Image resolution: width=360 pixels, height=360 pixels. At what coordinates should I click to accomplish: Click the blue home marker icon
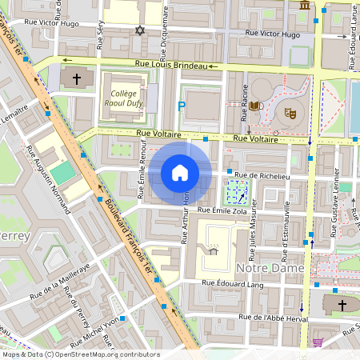point(180,173)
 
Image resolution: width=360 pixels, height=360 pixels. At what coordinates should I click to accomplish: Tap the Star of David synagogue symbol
point(141,30)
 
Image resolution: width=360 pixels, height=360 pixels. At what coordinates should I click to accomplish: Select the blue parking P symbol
point(182,106)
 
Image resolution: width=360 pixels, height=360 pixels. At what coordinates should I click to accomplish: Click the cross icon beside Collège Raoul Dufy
point(77,79)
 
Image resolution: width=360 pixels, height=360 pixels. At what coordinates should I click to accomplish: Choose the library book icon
point(254,106)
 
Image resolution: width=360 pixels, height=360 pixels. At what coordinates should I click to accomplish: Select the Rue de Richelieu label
point(261,174)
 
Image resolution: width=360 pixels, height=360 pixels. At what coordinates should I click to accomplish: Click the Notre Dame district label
point(272,269)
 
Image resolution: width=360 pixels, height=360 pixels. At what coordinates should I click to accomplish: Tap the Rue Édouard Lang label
point(232,282)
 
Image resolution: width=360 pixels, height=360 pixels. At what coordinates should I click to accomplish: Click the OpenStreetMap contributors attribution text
point(80,354)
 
